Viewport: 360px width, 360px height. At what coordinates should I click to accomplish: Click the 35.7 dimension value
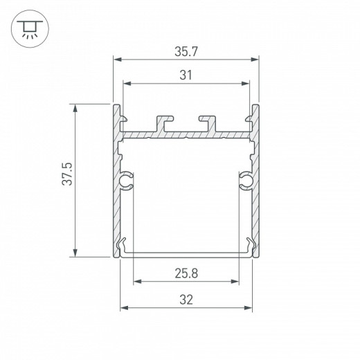pos(186,51)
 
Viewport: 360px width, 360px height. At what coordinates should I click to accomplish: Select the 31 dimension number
pos(186,75)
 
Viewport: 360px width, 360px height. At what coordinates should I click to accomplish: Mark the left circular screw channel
pos(127,181)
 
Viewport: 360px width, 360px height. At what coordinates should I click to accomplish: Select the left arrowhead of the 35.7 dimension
pos(116,61)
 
